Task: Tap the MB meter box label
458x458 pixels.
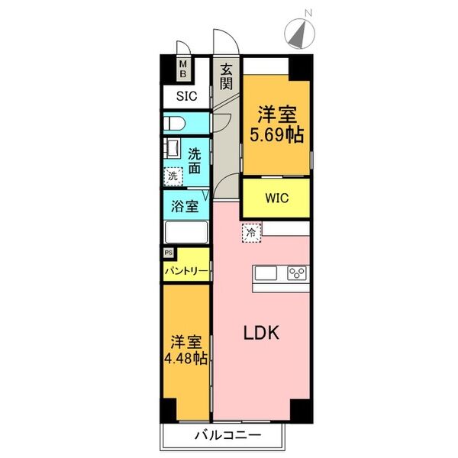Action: [183, 70]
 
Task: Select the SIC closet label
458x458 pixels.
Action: [186, 96]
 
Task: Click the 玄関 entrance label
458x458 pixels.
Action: [226, 77]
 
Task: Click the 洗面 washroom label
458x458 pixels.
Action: [195, 159]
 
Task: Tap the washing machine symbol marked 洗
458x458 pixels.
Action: [173, 176]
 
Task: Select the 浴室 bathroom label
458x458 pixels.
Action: [185, 206]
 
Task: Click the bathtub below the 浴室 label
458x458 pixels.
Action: [185, 233]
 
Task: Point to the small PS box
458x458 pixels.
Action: [168, 251]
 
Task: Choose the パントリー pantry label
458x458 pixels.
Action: [185, 271]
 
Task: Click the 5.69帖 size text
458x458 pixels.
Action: [276, 135]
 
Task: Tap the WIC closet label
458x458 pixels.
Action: [276, 198]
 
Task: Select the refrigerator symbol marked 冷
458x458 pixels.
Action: [250, 231]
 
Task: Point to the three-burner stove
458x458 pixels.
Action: [296, 273]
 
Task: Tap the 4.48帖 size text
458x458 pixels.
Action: [186, 357]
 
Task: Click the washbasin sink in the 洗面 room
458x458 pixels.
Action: [171, 148]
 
